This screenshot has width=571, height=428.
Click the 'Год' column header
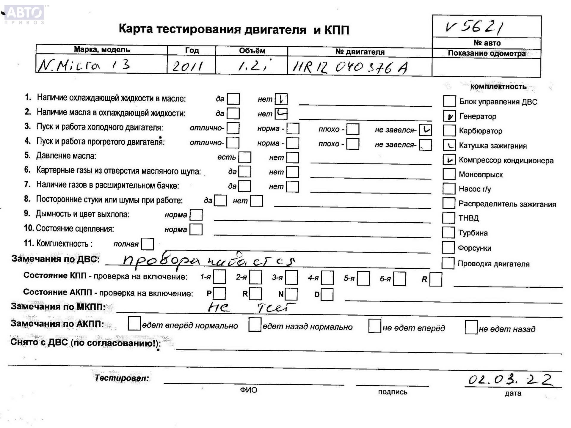coord(192,50)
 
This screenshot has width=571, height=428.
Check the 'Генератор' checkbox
coord(449,116)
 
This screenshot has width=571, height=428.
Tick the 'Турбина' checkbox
coord(448,233)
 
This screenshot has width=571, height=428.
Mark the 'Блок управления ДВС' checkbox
coord(449,101)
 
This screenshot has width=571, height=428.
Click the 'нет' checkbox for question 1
coord(281,99)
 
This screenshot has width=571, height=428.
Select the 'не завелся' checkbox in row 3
coord(425,130)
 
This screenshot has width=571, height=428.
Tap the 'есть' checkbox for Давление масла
coord(245,157)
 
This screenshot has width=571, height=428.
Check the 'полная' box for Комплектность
coord(148,244)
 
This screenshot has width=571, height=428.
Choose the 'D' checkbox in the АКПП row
coord(327,295)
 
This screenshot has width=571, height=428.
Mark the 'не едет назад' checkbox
coord(471,327)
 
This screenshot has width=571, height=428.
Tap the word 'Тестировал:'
coord(122,378)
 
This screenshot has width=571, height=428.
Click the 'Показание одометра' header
coord(487,53)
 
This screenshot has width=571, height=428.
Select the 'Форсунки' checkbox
coord(448,248)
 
